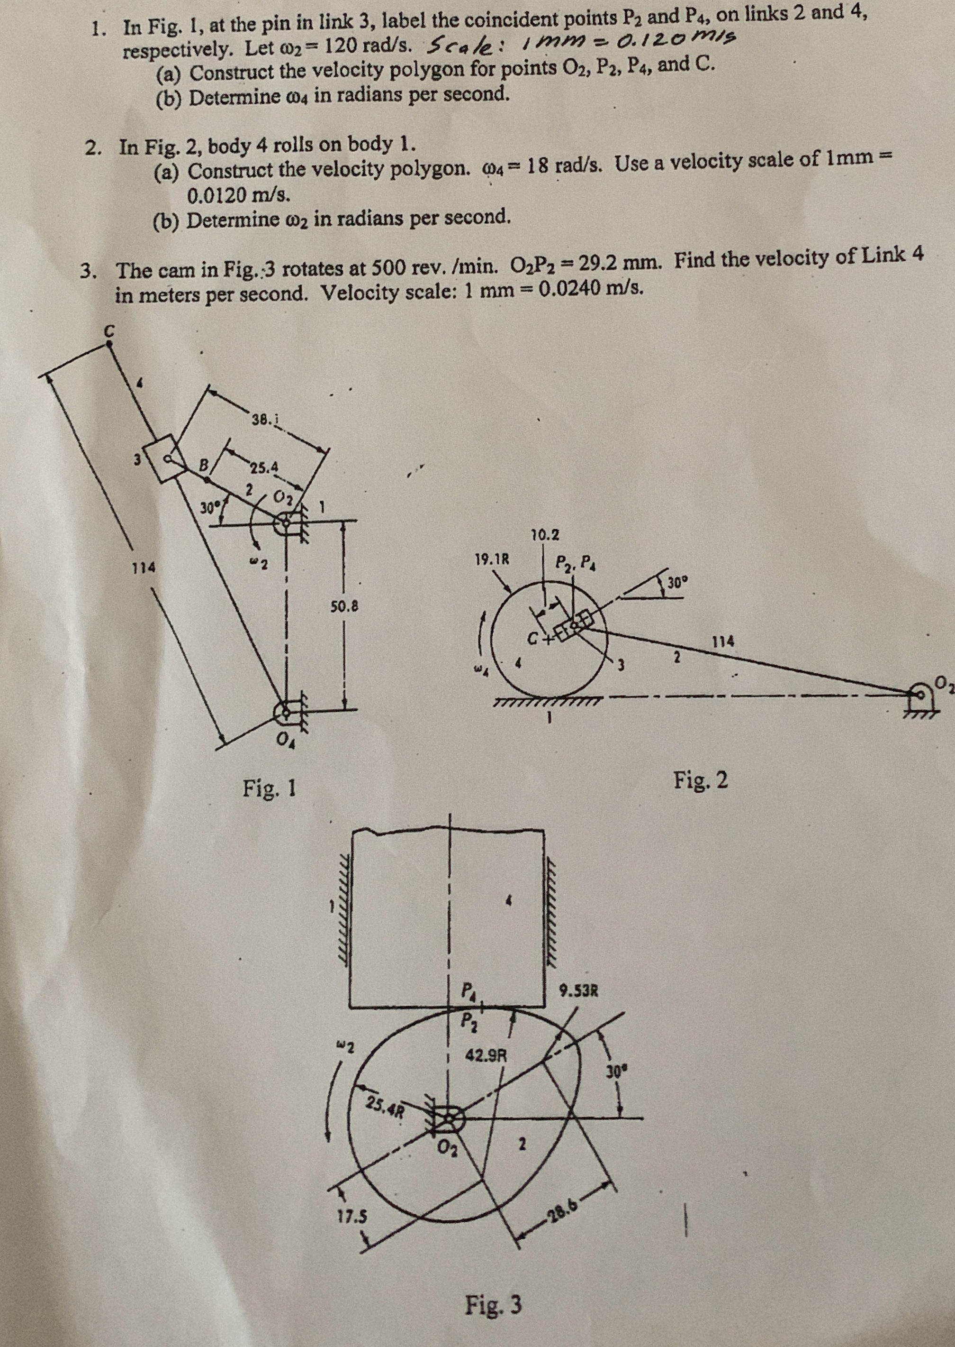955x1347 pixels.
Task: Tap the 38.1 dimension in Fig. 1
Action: tap(264, 420)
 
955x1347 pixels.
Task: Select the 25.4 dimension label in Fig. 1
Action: tap(263, 469)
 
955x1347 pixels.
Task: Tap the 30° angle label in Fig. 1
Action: tap(207, 507)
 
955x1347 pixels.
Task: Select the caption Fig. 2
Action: tap(700, 781)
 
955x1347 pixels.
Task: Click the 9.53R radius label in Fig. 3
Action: tap(579, 990)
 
